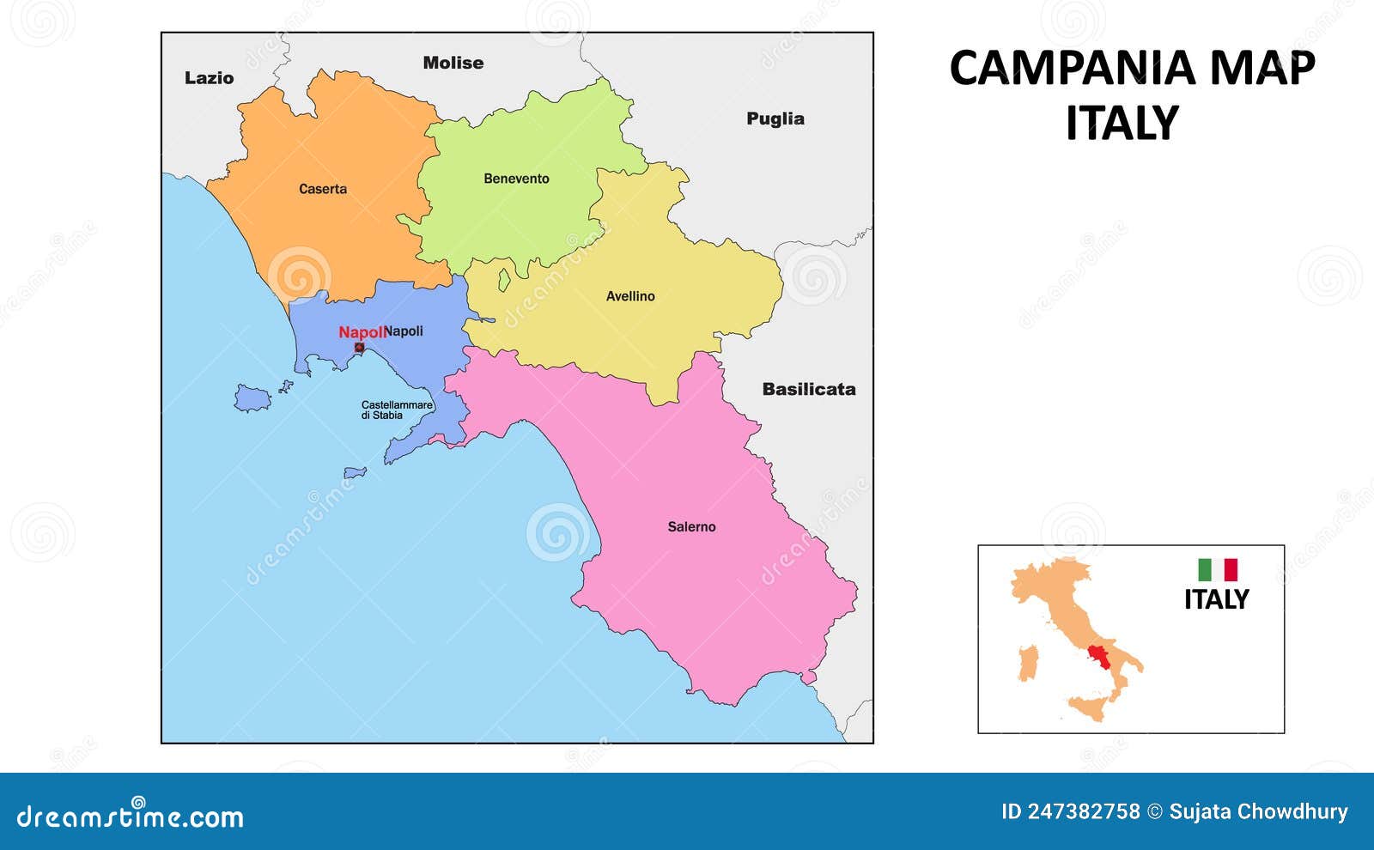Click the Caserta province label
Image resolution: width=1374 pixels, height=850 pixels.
[323, 189]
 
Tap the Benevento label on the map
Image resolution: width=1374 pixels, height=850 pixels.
[516, 179]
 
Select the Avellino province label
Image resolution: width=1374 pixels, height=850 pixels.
[630, 296]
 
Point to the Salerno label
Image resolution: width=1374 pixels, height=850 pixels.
[691, 527]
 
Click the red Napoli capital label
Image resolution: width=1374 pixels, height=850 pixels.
[361, 332]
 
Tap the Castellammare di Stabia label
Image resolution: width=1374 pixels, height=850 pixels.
[396, 410]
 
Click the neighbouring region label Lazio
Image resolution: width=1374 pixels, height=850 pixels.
[209, 78]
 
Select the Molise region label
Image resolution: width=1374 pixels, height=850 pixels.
[453, 63]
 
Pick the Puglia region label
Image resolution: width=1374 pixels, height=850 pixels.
[775, 118]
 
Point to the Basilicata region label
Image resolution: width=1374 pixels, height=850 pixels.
[808, 389]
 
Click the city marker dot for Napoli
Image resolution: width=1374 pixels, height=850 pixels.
[359, 348]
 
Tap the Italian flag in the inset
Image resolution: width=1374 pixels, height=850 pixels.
[1218, 570]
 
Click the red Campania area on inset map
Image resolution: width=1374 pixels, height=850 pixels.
[1097, 659]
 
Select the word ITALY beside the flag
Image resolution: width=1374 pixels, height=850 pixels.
[1216, 599]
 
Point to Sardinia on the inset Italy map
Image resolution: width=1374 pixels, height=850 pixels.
[1028, 663]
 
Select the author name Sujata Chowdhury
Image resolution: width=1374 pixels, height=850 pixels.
[1257, 811]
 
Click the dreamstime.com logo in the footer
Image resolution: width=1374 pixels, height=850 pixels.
[131, 816]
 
